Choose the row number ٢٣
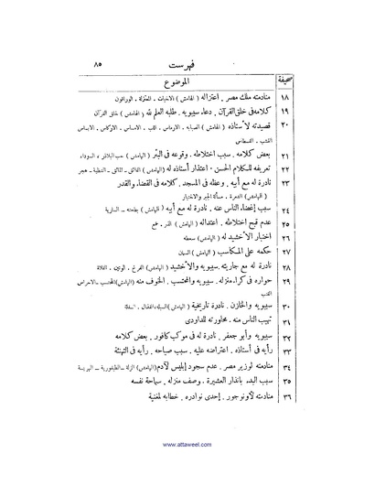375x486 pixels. (x=309, y=200)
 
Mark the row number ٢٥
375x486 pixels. (x=309, y=244)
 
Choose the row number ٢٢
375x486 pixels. (x=309, y=186)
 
